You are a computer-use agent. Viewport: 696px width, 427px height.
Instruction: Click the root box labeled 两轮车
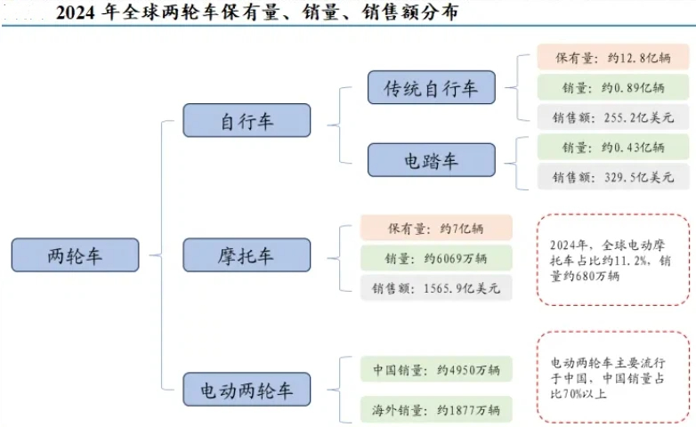point(75,254)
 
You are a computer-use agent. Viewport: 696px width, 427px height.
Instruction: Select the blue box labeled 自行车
point(247,120)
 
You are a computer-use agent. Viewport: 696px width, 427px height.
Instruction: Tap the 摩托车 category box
point(247,254)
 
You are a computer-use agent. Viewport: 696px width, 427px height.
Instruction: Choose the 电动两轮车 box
point(247,390)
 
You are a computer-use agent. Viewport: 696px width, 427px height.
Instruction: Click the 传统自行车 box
point(432,87)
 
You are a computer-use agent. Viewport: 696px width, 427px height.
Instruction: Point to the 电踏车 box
point(432,160)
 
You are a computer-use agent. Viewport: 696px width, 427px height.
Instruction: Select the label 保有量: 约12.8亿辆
point(613,57)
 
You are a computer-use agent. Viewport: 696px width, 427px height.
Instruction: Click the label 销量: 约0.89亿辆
point(613,87)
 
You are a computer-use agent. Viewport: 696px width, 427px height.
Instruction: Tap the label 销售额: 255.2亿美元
point(613,117)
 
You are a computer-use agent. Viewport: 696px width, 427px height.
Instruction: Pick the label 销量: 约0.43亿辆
point(613,147)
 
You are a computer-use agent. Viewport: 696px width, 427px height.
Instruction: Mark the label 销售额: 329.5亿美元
point(613,177)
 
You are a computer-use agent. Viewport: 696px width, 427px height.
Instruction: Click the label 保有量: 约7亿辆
point(436,228)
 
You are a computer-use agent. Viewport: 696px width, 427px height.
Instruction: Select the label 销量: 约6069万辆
point(436,258)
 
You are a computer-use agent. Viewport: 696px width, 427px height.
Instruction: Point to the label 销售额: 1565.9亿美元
point(436,288)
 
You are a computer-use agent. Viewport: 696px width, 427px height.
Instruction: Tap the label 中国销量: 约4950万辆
point(436,369)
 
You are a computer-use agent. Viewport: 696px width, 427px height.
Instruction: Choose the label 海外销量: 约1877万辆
point(436,409)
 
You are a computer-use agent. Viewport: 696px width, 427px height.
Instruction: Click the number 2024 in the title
point(76,12)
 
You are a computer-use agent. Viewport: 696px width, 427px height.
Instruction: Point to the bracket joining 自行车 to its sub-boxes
point(340,125)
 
